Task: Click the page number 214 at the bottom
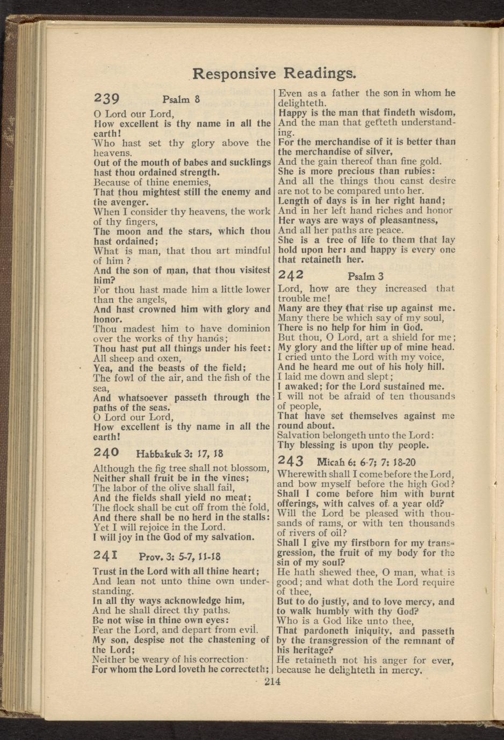click(273, 682)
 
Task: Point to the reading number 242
click(291, 275)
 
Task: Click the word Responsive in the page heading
click(234, 73)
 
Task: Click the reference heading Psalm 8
click(181, 99)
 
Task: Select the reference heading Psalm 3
click(365, 276)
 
